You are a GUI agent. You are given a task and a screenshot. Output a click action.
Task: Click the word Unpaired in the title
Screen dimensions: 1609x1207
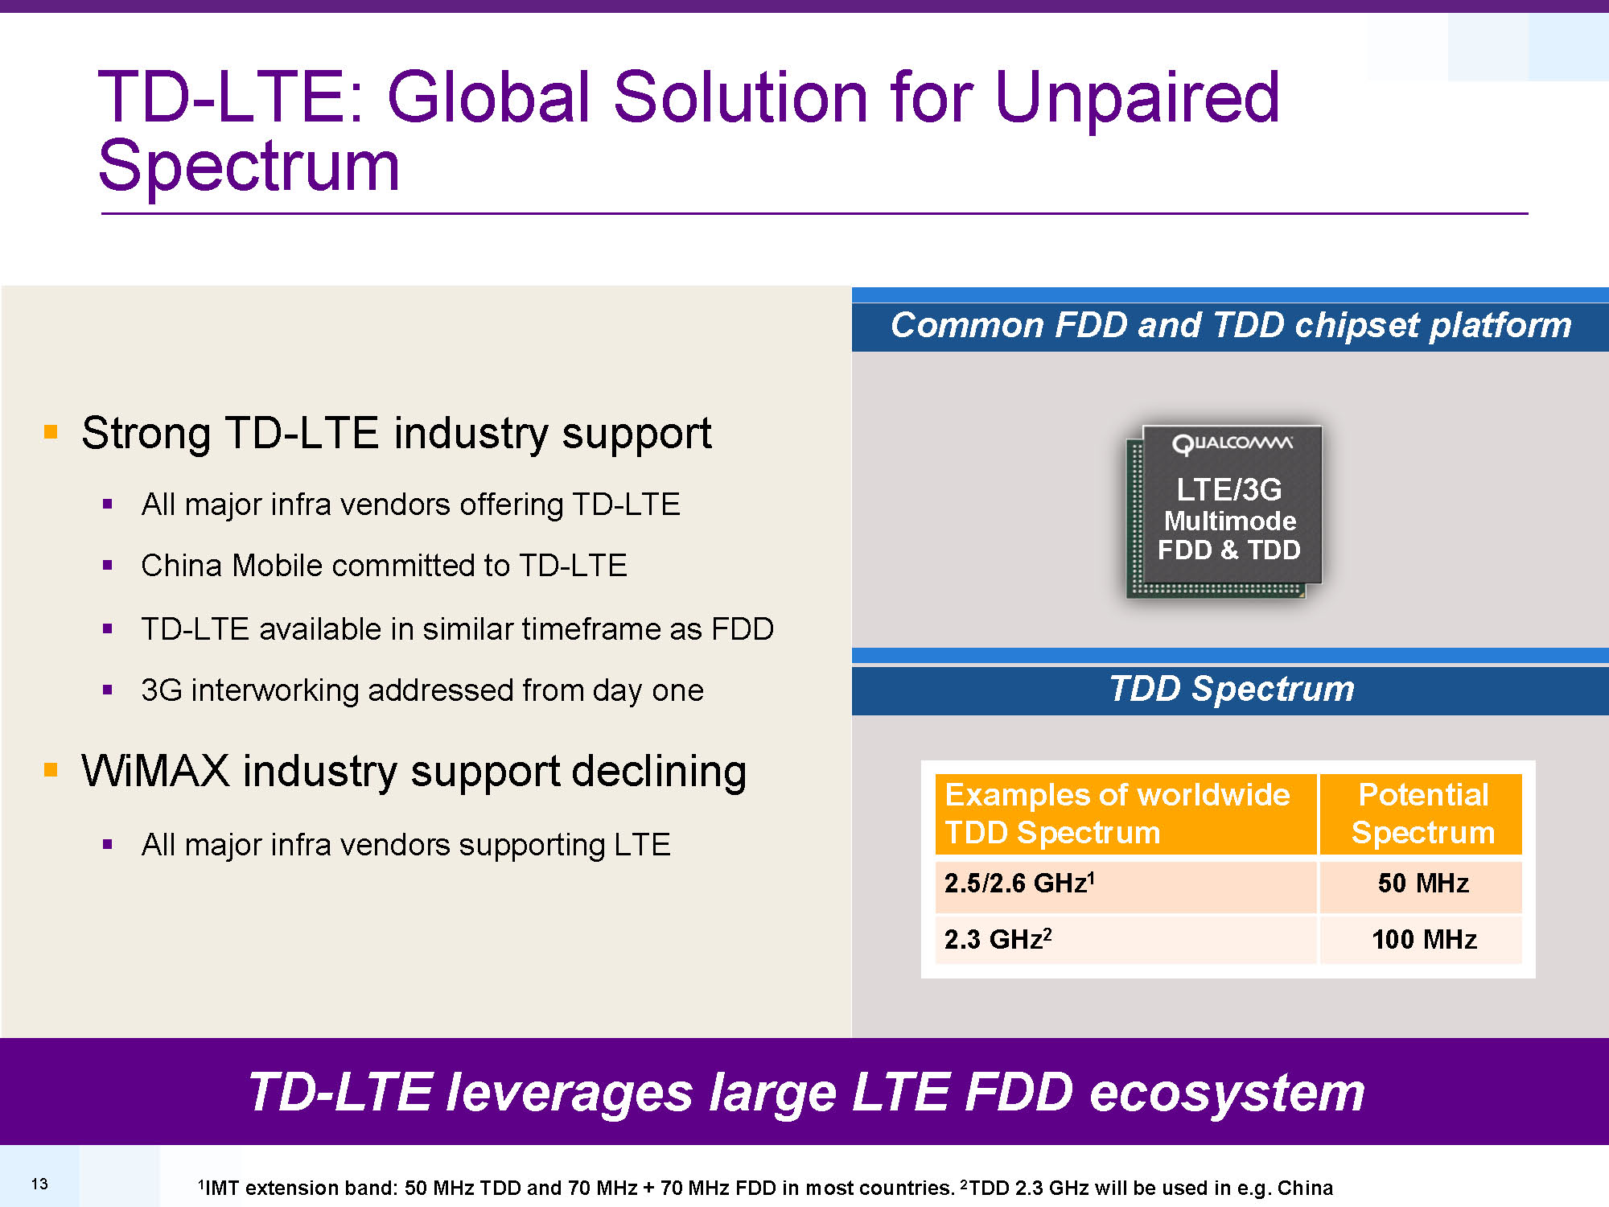[x=1137, y=98]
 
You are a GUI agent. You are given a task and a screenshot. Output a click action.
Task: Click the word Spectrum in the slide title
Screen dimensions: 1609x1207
[x=249, y=167]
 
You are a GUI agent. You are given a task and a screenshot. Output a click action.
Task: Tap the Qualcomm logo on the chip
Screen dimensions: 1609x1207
[x=1232, y=443]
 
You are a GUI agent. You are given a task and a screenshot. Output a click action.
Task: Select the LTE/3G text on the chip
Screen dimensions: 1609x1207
[x=1228, y=489]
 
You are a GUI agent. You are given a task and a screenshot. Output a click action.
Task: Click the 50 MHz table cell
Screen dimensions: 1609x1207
[x=1422, y=884]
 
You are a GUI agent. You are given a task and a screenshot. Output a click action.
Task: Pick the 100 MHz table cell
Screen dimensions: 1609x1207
[x=1422, y=939]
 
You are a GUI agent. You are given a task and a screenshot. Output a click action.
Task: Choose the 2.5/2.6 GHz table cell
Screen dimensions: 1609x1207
[x=1125, y=884]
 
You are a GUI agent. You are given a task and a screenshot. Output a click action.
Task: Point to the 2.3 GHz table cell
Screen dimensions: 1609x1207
[x=1125, y=939]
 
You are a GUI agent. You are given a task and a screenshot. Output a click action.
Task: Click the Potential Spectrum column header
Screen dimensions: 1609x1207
[x=1422, y=814]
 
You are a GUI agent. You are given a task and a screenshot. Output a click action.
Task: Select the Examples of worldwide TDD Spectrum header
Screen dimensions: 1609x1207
[x=1125, y=814]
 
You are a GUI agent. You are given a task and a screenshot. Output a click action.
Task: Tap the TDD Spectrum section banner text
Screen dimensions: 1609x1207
[x=1232, y=689]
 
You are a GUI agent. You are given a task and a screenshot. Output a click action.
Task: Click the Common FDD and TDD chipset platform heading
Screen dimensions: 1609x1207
[x=1231, y=325]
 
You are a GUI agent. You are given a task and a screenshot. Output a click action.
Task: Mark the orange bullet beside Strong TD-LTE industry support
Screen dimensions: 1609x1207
[x=51, y=432]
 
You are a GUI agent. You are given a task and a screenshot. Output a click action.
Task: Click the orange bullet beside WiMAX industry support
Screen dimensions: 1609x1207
[x=51, y=770]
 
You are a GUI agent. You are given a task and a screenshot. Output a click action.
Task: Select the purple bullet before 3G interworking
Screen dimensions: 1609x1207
[x=107, y=690]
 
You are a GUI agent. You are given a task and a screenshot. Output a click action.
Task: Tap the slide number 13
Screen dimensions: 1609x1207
[x=39, y=1184]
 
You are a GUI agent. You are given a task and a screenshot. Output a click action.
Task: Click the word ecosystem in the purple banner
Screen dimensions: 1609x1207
[x=1227, y=1094]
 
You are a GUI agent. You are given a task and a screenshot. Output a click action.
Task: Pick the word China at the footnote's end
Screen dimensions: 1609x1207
[x=1305, y=1188]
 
